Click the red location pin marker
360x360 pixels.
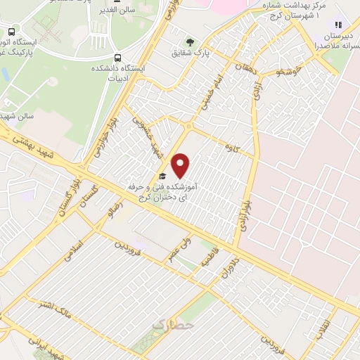pos(181,165)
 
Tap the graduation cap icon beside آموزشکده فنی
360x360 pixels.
pos(162,176)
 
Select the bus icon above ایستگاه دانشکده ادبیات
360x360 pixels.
pos(118,58)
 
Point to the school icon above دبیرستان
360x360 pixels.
pos(338,24)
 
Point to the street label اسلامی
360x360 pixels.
pos(73,251)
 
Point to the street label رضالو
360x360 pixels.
pos(112,209)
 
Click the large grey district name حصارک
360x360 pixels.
pos(171,326)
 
